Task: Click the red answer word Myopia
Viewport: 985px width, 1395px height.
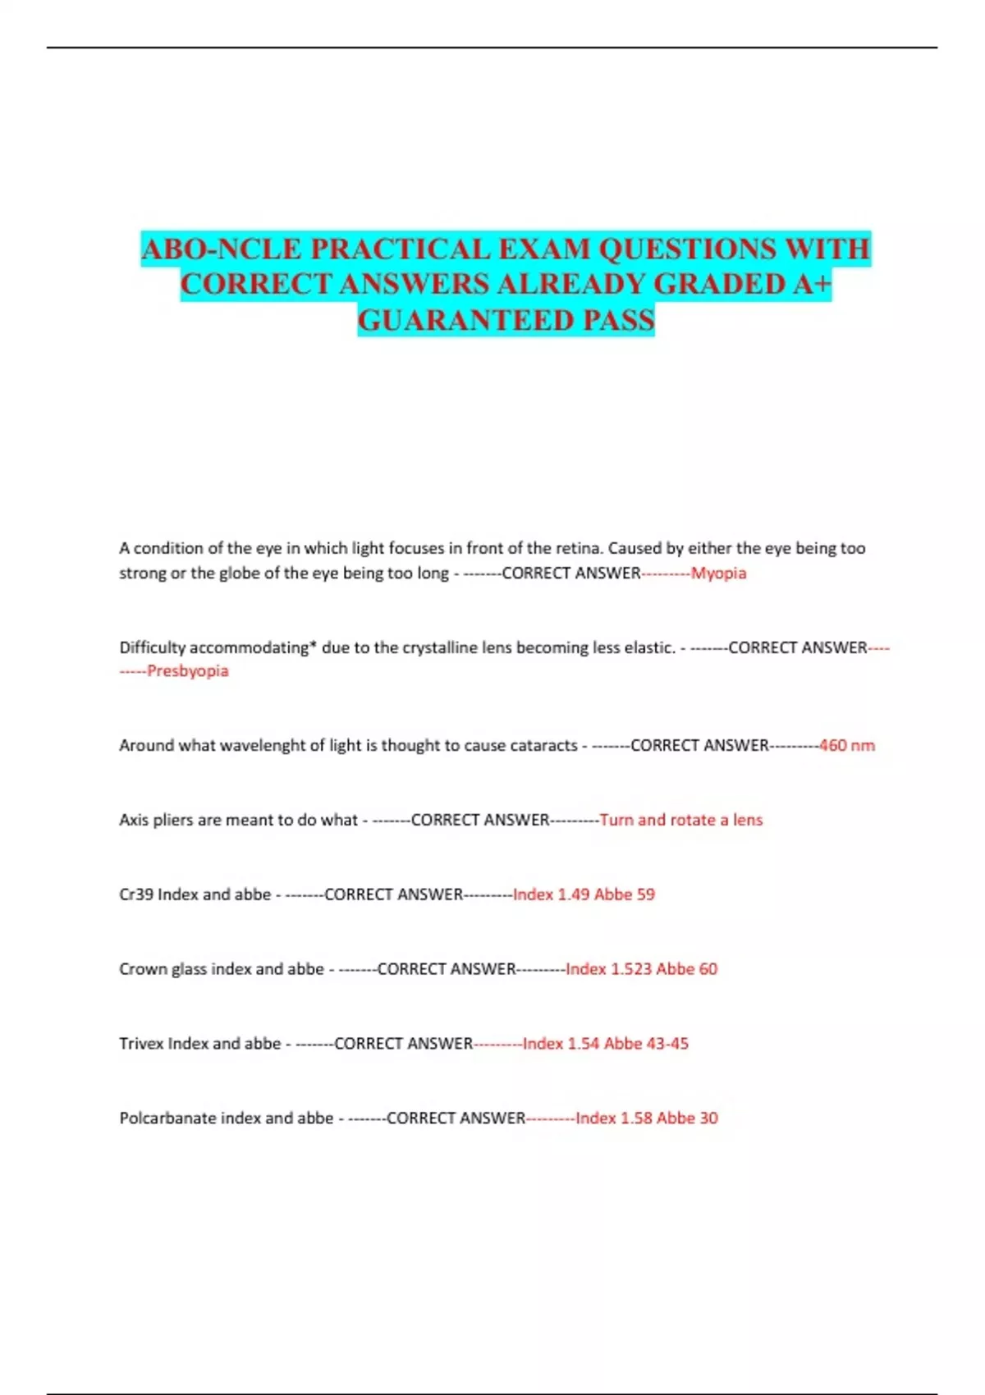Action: coord(718,573)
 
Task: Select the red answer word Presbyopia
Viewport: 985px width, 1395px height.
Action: coord(187,671)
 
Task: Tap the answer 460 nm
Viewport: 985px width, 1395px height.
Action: coord(846,745)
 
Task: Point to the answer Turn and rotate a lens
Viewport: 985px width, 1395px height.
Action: coord(680,820)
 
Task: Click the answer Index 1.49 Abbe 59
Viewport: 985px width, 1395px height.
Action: coord(584,894)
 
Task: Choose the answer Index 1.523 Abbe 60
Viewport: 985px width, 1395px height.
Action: coord(641,969)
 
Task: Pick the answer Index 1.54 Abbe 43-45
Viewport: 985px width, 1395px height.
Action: coord(605,1044)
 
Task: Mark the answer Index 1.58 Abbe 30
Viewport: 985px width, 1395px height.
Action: coord(646,1118)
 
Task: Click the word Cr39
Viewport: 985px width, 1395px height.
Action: coord(136,894)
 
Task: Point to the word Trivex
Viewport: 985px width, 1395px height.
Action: coord(141,1044)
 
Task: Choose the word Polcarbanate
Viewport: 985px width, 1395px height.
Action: coord(168,1118)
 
